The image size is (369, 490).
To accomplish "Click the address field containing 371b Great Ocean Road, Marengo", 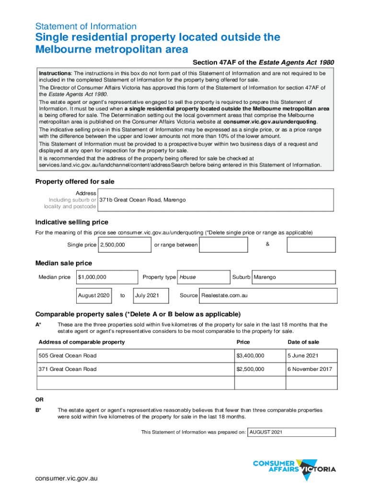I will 215,200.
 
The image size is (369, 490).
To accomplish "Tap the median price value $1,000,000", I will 107,277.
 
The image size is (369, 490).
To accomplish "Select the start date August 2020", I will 94,296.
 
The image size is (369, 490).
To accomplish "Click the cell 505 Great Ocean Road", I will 135,356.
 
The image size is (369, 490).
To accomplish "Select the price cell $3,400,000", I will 257,356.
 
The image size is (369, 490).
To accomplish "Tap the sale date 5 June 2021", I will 311,356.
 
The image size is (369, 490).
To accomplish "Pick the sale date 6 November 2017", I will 311,369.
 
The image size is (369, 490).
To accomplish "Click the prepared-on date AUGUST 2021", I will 291,432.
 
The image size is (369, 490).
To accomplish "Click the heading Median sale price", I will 64,263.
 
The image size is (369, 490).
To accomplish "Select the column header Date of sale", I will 303,342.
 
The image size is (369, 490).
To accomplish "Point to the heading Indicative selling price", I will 72,222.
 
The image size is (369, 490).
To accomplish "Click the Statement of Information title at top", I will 86,26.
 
